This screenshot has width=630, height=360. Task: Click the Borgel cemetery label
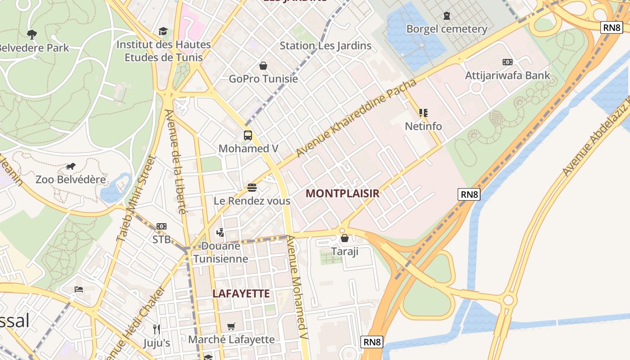(446, 29)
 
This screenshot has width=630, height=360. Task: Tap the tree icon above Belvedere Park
(32, 34)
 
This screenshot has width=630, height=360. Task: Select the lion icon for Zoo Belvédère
(71, 166)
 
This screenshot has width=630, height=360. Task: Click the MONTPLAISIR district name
(342, 193)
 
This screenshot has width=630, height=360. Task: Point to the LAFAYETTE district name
(241, 294)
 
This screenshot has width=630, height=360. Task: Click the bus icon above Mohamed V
(247, 135)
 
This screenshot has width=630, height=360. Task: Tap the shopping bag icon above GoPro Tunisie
(263, 66)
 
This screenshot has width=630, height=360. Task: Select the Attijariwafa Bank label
(507, 75)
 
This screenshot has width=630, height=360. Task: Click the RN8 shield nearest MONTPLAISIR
(469, 194)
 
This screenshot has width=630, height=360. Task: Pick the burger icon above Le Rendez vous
(252, 187)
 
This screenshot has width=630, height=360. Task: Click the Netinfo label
(423, 126)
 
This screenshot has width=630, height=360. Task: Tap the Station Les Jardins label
(325, 45)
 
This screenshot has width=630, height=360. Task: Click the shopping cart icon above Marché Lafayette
(231, 326)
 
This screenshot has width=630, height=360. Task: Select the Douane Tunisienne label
(220, 252)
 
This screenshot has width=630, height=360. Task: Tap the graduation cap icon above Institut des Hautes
(163, 31)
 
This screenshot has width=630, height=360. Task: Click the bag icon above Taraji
(345, 238)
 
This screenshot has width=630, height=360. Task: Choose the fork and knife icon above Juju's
(157, 329)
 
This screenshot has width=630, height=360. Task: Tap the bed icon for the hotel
(79, 289)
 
